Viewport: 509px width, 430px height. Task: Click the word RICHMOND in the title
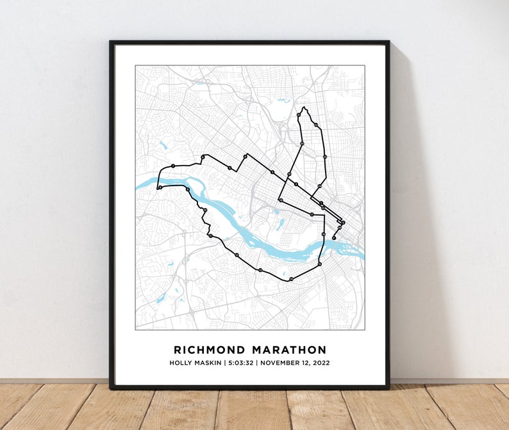pos(209,350)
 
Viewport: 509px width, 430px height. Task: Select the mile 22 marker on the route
pos(316,125)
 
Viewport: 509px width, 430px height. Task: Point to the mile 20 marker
pos(302,144)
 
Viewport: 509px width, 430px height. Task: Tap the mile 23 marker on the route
pos(325,156)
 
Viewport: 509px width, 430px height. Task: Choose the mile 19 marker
pos(290,174)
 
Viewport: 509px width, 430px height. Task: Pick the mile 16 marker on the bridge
pos(324,235)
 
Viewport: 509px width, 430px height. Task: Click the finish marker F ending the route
pos(333,238)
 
